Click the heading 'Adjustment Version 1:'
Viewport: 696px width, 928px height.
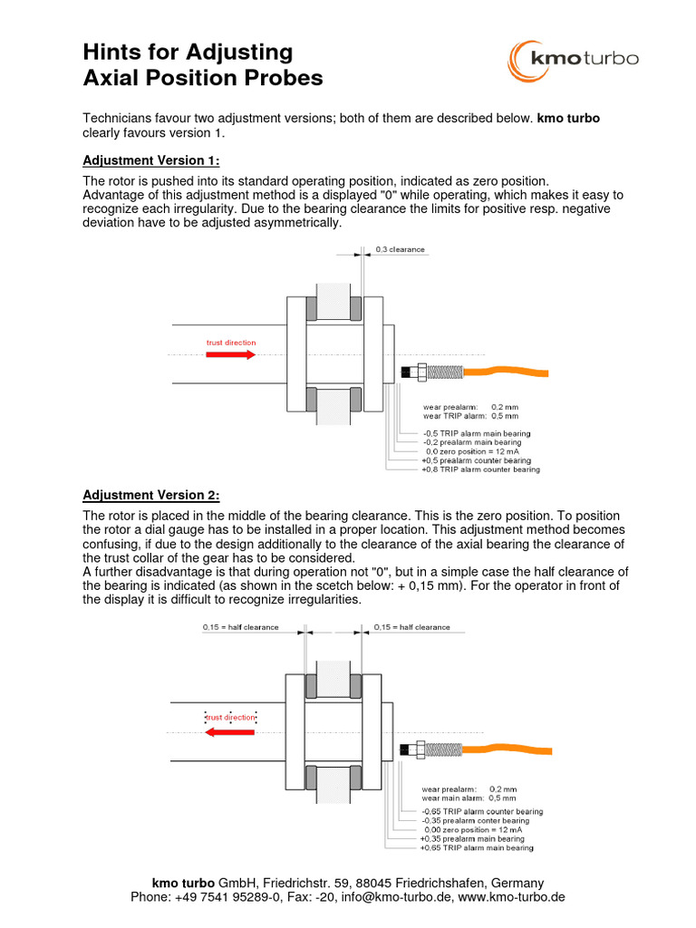pos(150,160)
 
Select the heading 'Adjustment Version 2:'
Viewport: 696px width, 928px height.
pos(150,495)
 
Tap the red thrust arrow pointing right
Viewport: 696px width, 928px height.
pos(231,356)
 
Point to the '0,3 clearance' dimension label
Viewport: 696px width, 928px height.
pos(400,249)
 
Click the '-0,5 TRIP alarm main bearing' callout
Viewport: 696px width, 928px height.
pos(478,433)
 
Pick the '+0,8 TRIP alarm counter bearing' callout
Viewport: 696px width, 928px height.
pos(480,469)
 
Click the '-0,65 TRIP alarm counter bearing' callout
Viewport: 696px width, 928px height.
pos(481,811)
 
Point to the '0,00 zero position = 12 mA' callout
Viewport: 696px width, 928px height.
pos(472,829)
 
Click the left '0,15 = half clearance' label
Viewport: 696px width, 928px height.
pos(240,627)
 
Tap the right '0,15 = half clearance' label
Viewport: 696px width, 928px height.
pos(412,627)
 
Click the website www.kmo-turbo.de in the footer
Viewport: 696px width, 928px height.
pos(511,897)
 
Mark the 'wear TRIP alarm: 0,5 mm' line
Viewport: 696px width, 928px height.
pos(470,416)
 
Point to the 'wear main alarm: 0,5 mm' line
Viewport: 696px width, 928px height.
pos(469,797)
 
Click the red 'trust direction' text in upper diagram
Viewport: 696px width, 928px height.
pos(231,343)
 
